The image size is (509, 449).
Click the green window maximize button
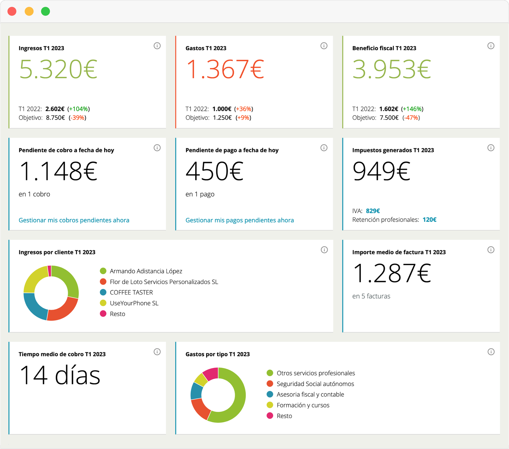point(45,11)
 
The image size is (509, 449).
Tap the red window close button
point(12,11)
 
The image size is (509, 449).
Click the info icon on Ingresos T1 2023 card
point(157,46)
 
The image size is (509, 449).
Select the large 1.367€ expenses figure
point(225,69)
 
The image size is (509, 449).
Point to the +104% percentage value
point(79,109)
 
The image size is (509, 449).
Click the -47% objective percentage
point(411,118)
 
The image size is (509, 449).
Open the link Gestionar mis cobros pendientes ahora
point(74,220)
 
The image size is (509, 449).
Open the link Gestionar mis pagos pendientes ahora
point(240,220)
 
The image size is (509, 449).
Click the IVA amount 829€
point(373,211)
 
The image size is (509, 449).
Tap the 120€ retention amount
point(429,220)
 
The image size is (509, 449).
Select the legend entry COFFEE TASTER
point(131,293)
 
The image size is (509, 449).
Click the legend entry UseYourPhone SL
point(134,303)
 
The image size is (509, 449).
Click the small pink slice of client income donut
point(49,271)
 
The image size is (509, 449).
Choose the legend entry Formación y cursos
point(303,405)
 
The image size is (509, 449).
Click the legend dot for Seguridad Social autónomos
point(270,384)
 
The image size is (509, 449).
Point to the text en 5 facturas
point(371,296)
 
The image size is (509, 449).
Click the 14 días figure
point(60,376)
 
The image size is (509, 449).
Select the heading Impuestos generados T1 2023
point(393,150)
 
